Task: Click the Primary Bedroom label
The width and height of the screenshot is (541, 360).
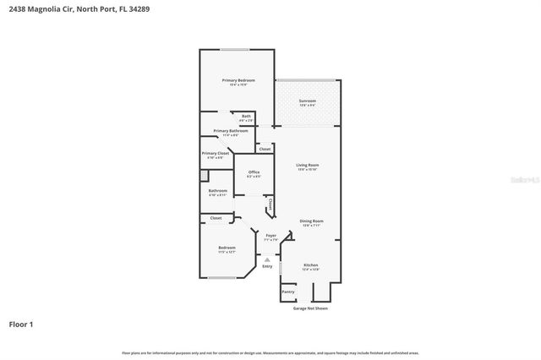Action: point(238,80)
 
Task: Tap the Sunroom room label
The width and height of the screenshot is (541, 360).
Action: point(307,101)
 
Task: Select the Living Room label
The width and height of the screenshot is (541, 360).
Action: point(307,165)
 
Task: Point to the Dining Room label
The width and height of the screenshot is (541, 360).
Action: point(311,221)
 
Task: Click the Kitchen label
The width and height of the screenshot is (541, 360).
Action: point(310,265)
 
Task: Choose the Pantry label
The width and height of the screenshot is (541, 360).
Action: point(287,292)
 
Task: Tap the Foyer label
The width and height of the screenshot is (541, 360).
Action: point(270,235)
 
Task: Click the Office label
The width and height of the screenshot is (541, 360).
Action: point(254,172)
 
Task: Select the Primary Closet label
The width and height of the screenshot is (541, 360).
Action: point(216,153)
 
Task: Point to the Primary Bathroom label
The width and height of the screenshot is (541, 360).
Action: point(230,130)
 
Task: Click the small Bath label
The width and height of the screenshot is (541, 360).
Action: point(246,117)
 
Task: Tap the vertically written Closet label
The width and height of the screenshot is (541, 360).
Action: point(270,203)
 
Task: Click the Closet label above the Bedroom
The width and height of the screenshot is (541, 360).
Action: point(216,217)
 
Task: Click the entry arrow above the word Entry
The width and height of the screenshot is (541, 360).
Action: point(268,259)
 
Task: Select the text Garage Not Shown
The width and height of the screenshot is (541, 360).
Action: point(310,308)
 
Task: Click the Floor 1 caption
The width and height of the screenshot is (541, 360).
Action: point(22,324)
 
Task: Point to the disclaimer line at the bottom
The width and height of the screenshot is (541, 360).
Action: point(270,352)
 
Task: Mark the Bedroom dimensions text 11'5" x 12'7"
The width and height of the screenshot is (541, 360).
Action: point(227,252)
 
